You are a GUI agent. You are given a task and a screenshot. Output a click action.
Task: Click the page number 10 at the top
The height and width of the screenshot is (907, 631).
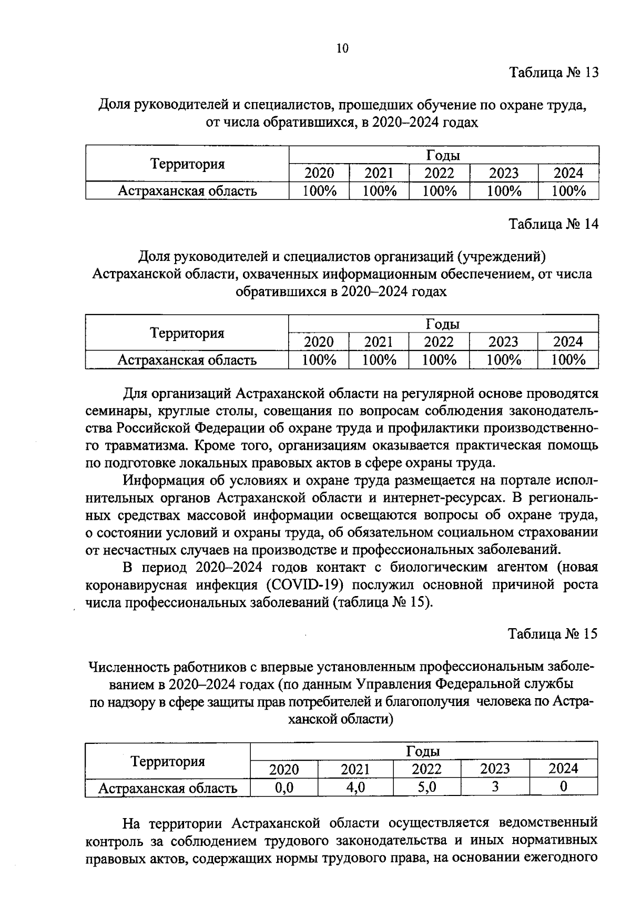(x=342, y=48)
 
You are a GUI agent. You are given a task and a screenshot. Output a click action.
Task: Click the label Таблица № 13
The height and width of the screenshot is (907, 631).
(x=553, y=72)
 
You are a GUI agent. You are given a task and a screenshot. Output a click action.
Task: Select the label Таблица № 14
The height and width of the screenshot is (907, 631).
(x=553, y=224)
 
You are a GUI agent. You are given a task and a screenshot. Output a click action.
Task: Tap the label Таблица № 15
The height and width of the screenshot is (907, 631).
(x=553, y=634)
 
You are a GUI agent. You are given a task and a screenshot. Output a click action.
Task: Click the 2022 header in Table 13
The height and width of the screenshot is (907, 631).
(x=439, y=173)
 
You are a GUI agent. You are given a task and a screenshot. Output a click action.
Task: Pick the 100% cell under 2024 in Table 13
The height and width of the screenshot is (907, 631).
(x=568, y=190)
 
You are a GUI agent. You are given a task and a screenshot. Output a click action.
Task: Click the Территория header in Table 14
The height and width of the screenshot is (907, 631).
(x=187, y=333)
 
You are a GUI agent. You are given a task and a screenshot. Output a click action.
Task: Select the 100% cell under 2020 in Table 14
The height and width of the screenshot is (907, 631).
(x=319, y=360)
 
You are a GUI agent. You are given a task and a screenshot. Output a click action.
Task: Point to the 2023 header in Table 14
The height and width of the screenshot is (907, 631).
(x=503, y=342)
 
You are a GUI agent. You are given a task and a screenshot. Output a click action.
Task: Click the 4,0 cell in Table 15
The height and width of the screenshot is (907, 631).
(x=355, y=787)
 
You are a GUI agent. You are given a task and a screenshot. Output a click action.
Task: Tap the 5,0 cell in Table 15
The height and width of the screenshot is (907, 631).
(x=426, y=787)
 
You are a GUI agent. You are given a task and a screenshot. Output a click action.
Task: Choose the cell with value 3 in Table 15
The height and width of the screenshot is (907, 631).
(x=495, y=787)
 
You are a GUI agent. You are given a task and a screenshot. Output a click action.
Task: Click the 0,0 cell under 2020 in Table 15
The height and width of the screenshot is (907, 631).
(x=284, y=787)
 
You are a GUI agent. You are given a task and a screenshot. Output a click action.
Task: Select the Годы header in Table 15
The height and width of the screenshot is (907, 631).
(x=423, y=751)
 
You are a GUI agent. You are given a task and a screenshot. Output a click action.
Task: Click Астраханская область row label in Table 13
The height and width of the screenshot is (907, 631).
(x=187, y=190)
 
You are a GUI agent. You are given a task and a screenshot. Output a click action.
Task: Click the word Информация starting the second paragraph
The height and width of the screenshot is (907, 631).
(x=163, y=481)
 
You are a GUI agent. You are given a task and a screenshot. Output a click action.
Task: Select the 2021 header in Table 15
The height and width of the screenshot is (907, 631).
(x=355, y=769)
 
